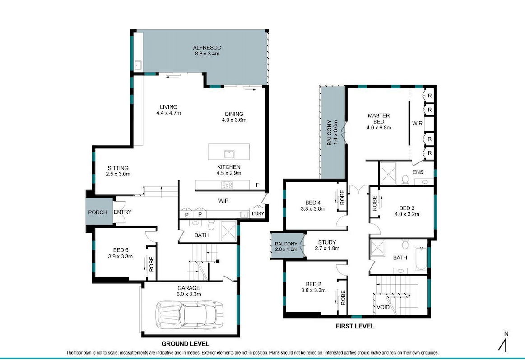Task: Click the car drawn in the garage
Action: click(x=190, y=315)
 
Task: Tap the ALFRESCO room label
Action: click(x=207, y=47)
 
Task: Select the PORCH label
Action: click(x=98, y=212)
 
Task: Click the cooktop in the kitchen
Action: click(x=227, y=185)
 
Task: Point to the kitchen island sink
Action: click(x=229, y=154)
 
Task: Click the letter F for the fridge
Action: click(x=257, y=185)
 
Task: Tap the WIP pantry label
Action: click(x=223, y=201)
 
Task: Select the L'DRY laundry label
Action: click(x=257, y=213)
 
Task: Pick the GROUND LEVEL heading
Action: click(x=186, y=344)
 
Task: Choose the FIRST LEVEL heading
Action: click(x=355, y=326)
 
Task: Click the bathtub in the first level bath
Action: click(x=421, y=259)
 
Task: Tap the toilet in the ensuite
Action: click(x=405, y=180)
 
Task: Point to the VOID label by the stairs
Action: click(x=383, y=307)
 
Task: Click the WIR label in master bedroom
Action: click(x=417, y=123)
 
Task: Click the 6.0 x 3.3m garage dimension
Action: click(x=189, y=294)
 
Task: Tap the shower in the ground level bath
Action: click(x=228, y=231)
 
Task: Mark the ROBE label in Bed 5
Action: click(x=152, y=263)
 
